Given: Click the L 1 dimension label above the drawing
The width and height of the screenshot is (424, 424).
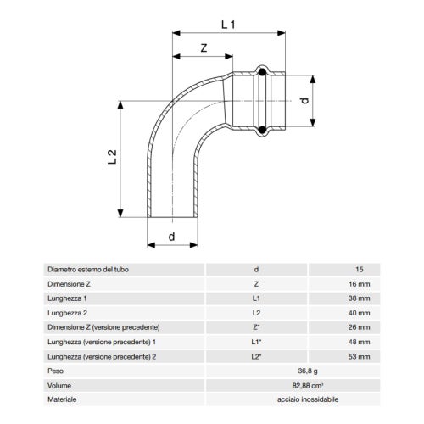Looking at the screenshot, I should point(229,25).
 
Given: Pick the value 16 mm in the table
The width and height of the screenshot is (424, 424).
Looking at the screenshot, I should point(354,284).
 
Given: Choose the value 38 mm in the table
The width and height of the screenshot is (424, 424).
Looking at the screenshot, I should point(354,298).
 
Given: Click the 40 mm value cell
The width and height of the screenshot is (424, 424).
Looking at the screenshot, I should point(354,313).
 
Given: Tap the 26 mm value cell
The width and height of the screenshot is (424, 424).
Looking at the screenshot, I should point(354,327).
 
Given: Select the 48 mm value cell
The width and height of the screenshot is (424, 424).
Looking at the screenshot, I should point(354,342).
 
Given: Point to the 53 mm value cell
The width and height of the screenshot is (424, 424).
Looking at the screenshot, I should point(354,356).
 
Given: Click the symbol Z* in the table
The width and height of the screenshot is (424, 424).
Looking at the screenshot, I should point(257,327).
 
